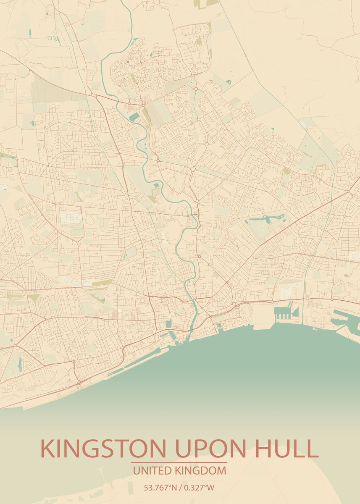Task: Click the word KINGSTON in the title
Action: pos(102,449)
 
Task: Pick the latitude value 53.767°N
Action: pos(160,488)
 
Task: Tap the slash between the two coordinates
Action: pos(180,488)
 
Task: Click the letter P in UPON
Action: pos(200,449)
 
